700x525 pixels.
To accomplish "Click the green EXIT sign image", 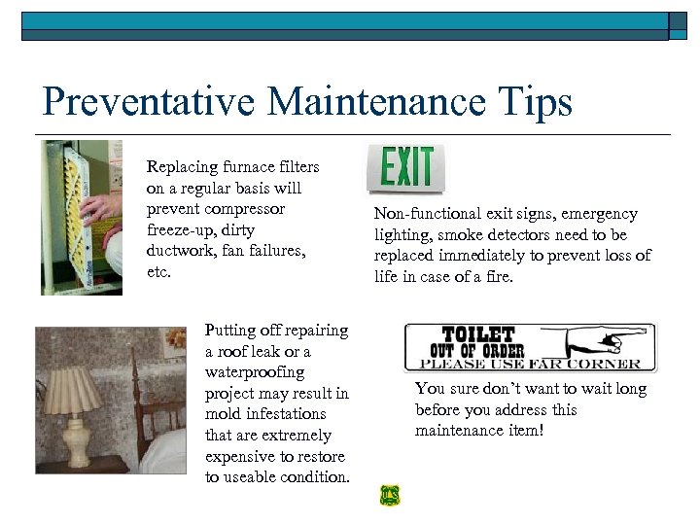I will tap(406, 168).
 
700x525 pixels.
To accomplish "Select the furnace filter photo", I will tap(82, 217).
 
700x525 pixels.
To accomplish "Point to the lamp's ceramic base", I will tap(77, 443).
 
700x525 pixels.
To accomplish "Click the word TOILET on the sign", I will tap(477, 333).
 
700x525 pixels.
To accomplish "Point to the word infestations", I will tap(266, 414).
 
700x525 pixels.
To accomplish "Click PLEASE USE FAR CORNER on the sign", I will tap(530, 365).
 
